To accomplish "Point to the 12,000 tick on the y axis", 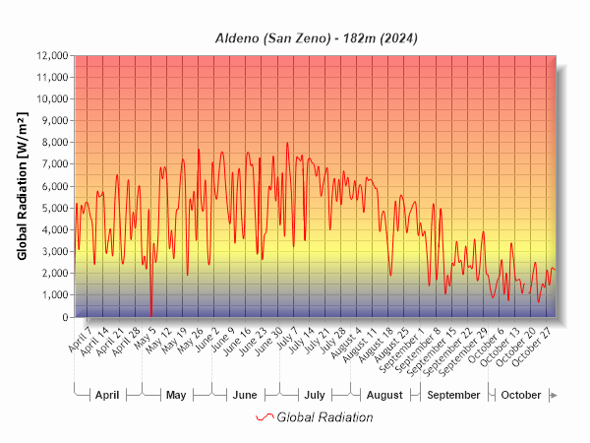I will click(x=50, y=55).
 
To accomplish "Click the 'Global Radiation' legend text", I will click(x=324, y=417).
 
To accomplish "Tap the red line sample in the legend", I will click(x=264, y=417).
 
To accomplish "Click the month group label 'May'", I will click(x=176, y=395).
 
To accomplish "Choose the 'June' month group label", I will click(x=245, y=395).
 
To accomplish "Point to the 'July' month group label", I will click(x=315, y=395).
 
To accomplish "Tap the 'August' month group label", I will click(x=384, y=395).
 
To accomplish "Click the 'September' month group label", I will click(x=454, y=395).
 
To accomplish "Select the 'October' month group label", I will click(x=521, y=395).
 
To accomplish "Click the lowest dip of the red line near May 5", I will click(x=151, y=314).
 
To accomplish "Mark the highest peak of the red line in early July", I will click(x=288, y=143).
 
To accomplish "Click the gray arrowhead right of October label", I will click(x=555, y=395).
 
